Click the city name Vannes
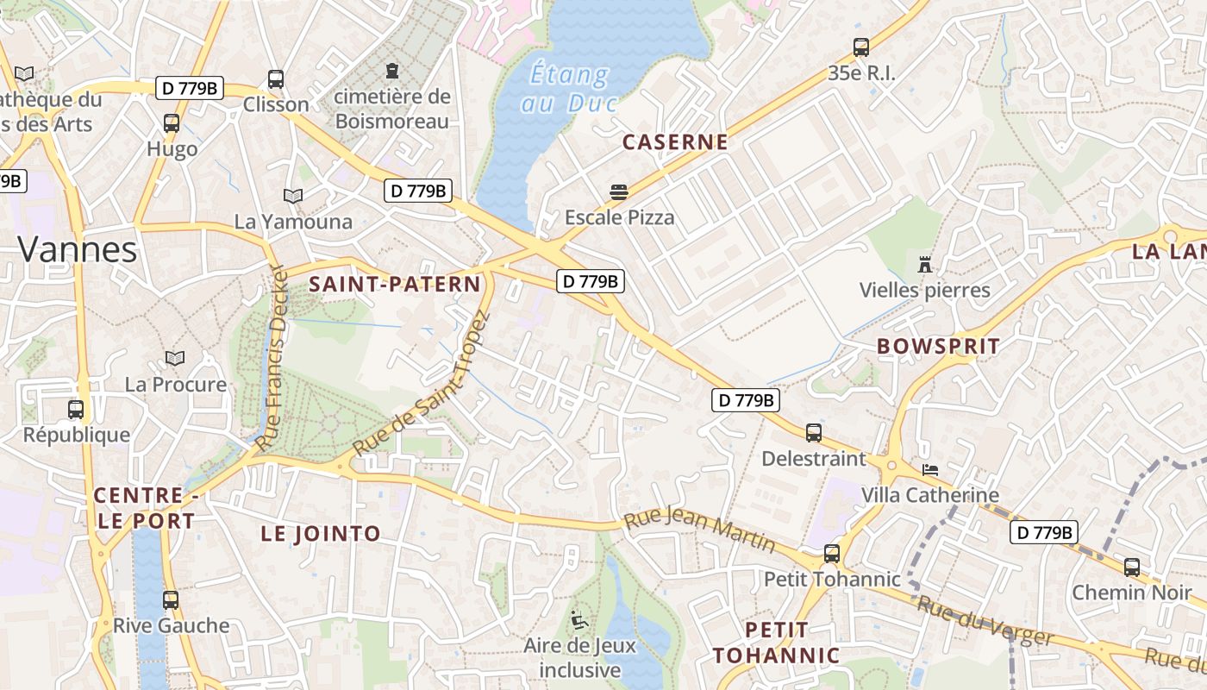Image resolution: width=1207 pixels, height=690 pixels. pyautogui.click(x=78, y=250)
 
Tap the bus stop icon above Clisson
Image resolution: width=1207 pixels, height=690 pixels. pyautogui.click(x=276, y=79)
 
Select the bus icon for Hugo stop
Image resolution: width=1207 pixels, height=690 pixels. pyautogui.click(x=172, y=123)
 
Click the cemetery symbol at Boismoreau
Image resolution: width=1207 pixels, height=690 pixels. pyautogui.click(x=393, y=70)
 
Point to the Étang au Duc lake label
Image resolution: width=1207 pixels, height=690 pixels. pyautogui.click(x=571, y=88)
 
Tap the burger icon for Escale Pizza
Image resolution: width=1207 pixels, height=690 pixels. pyautogui.click(x=619, y=191)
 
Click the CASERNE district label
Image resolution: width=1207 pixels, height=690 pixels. pyautogui.click(x=675, y=142)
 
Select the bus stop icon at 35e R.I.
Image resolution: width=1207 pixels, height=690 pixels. pyautogui.click(x=860, y=47)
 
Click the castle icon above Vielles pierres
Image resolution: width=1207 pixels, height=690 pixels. pyautogui.click(x=925, y=264)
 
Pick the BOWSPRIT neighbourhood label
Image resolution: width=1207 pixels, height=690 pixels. pyautogui.click(x=939, y=346)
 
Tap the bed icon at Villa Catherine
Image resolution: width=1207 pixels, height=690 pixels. pyautogui.click(x=930, y=470)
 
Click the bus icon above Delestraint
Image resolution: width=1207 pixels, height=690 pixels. pyautogui.click(x=814, y=433)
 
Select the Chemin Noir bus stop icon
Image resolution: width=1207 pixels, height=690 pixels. pyautogui.click(x=1131, y=568)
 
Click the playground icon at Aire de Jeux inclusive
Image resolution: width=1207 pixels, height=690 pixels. pyautogui.click(x=579, y=619)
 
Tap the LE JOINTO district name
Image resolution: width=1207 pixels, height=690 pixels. pyautogui.click(x=321, y=534)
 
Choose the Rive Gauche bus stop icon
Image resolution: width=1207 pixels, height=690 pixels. pyautogui.click(x=171, y=600)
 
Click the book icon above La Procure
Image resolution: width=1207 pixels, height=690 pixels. pyautogui.click(x=175, y=358)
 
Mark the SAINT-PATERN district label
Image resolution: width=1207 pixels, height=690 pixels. pyautogui.click(x=395, y=284)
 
